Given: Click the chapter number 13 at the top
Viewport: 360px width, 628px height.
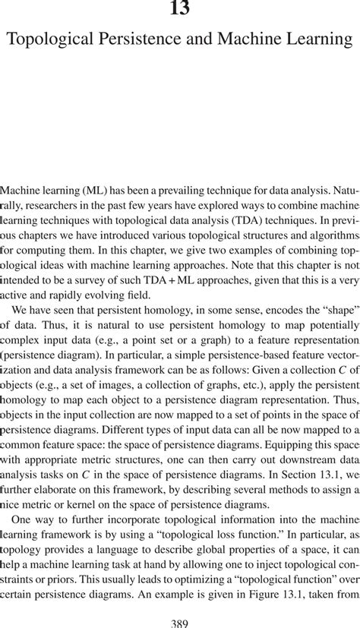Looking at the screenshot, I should (x=180, y=10).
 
